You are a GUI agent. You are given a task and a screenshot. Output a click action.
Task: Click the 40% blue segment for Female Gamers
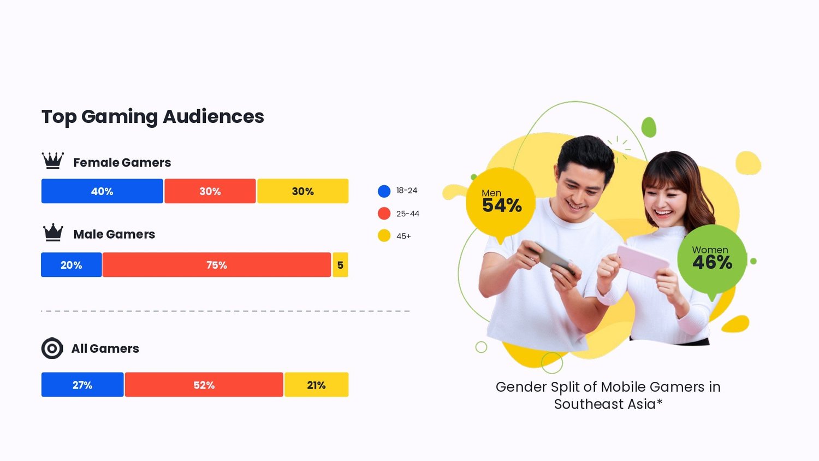(102, 191)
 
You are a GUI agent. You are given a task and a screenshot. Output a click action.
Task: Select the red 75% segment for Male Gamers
(217, 265)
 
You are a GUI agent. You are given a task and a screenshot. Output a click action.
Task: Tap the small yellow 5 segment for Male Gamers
(340, 265)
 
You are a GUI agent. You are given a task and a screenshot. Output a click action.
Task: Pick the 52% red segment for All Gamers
(204, 385)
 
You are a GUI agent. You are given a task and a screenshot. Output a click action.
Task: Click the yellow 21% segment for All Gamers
(316, 385)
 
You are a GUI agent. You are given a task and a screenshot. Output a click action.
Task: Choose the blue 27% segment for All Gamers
(82, 385)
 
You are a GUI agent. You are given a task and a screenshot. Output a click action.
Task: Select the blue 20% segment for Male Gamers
(71, 265)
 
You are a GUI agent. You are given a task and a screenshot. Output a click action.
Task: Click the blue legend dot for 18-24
(384, 191)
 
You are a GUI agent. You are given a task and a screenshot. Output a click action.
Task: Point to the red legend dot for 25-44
(384, 214)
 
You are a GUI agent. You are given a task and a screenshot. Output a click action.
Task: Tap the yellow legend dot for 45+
(384, 236)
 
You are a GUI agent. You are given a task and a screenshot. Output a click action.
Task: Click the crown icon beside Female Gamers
(53, 161)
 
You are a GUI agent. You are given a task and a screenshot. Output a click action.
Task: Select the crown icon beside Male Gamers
(53, 233)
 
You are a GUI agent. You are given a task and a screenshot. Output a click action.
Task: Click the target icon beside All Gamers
(52, 348)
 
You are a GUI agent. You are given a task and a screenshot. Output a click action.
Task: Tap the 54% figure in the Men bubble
(502, 206)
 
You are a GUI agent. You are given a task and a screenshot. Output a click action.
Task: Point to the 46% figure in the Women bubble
(712, 263)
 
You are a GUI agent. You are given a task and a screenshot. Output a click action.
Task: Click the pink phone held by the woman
(642, 261)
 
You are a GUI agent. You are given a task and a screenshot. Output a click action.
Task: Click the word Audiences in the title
(213, 116)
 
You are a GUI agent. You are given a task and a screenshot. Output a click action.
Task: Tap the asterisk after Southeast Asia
(660, 402)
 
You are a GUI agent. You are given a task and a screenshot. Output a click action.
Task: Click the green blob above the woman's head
(649, 127)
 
